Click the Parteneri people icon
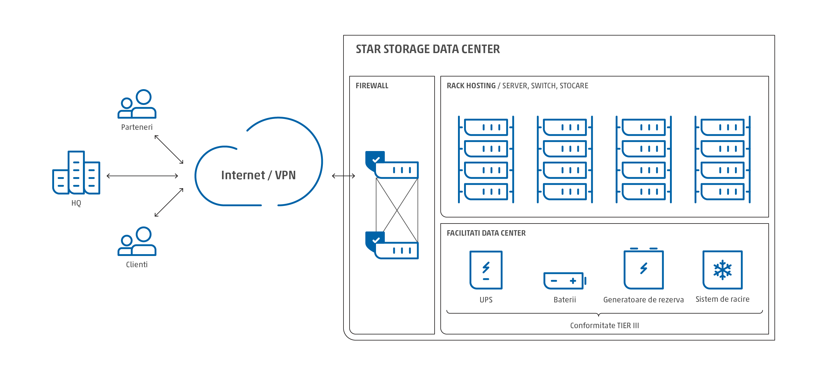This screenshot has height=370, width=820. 137,104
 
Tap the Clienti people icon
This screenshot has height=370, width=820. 137,241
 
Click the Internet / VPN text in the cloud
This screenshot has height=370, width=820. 258,175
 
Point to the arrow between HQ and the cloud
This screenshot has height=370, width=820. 142,176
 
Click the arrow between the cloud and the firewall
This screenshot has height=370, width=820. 343,176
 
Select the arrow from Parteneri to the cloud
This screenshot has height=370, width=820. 169,150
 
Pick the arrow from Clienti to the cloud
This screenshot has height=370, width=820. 169,203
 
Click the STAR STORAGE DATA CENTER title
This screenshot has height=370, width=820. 428,49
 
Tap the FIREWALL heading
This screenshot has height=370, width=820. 372,86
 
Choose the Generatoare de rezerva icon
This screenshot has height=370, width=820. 643,269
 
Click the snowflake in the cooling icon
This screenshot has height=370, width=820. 723,270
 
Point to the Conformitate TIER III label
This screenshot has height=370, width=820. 604,325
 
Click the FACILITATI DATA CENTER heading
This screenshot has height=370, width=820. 486,233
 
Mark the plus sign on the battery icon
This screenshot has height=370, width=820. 573,281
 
